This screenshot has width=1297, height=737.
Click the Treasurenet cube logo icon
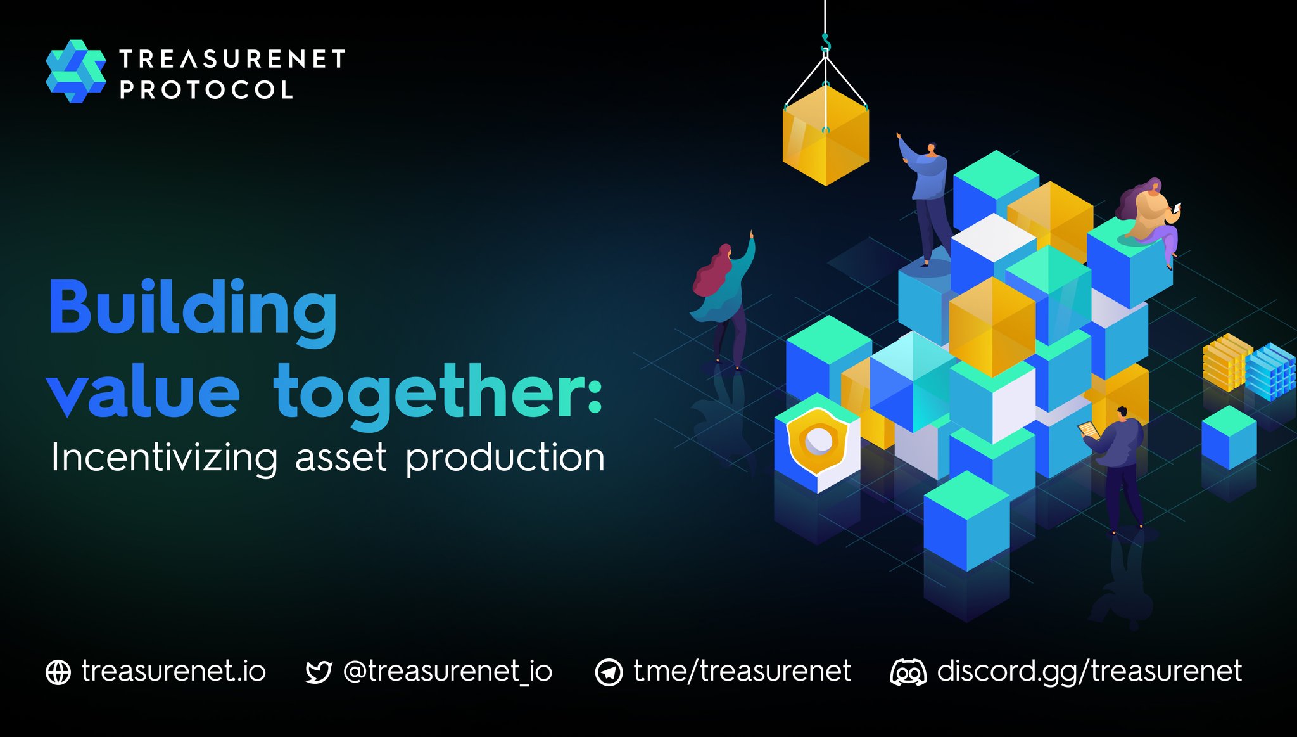75,71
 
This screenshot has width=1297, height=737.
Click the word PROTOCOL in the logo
206,90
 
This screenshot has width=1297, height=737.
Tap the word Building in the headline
193,309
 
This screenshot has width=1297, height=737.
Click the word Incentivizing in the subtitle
164,458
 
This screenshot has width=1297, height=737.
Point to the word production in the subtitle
505,458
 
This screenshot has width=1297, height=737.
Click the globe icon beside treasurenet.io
58,672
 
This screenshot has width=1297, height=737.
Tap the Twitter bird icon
318,672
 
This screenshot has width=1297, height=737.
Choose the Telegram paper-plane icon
609,672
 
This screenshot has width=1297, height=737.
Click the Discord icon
908,672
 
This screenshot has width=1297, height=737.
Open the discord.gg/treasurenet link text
1089,672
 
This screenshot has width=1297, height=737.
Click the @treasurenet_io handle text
447,672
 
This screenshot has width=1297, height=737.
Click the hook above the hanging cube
825,44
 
